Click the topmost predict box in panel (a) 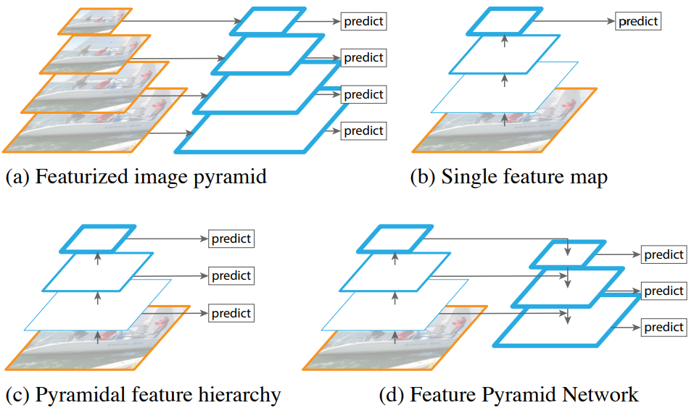[363, 21]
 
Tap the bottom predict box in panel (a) [363, 131]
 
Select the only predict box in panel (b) [637, 21]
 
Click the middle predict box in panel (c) [231, 275]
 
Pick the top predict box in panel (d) [664, 254]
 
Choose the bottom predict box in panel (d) [664, 327]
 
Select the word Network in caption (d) [600, 394]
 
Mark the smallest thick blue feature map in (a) [268, 21]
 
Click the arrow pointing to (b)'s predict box [574, 21]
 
